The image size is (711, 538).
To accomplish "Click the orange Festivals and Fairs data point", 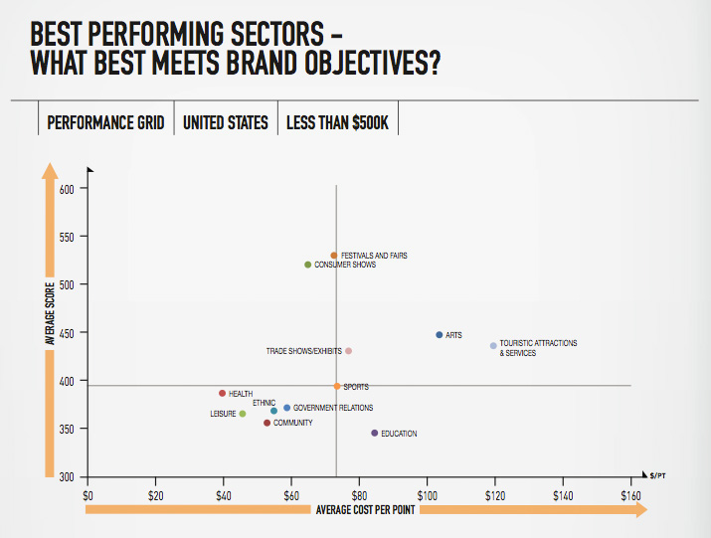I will coord(334,256).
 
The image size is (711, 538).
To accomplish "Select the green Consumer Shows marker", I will coord(308,265).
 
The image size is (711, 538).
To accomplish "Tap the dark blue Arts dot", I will coord(439,335).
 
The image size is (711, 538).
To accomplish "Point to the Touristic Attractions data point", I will coord(493,346).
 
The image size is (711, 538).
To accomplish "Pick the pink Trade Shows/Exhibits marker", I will coord(348,351).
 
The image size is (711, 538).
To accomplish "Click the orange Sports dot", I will coord(337,386).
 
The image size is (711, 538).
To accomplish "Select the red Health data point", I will coord(223,394).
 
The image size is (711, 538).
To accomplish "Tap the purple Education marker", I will coord(375,434).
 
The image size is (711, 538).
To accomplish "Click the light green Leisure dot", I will coord(243,414).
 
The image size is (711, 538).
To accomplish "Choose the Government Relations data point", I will coord(287,408).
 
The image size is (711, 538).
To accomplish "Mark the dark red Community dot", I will coord(267,423).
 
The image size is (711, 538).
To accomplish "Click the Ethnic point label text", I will coord(264,403).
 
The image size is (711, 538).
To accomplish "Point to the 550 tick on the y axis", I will coord(66,237).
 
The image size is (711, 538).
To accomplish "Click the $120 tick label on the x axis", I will coord(494,494).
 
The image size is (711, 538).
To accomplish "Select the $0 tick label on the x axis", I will coord(88,494).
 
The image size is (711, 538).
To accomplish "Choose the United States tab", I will coord(226,123).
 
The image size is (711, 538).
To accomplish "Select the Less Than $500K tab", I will coord(337,123).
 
